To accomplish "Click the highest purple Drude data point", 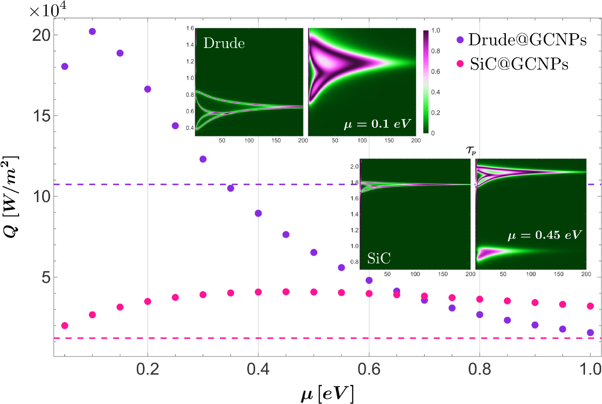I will (92, 31).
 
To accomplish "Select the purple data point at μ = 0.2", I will (148, 89).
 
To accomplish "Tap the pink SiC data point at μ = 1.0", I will (590, 306).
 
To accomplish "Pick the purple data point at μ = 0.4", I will (258, 213).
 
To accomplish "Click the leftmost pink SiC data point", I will (65, 325).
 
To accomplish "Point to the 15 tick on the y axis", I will (42, 116).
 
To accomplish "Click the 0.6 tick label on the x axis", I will (369, 369).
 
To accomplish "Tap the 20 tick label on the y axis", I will (42, 35).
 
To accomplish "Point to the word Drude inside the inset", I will (224, 43).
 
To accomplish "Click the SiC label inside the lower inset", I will (378, 258).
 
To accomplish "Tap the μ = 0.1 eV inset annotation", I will (377, 124).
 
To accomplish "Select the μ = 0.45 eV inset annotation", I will (544, 235).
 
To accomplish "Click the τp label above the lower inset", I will (471, 150).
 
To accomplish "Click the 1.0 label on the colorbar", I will (436, 31).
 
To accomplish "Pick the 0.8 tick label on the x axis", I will (479, 369).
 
